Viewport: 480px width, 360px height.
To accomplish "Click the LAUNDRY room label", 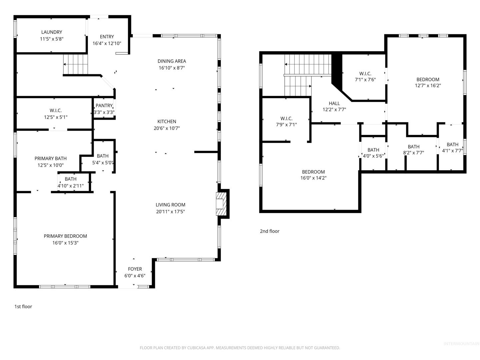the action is click(x=52, y=32).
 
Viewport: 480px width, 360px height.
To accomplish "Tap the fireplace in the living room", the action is click(x=221, y=204).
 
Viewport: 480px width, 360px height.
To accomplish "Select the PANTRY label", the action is click(x=104, y=106).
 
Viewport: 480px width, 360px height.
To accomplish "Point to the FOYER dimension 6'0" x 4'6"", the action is click(x=135, y=276).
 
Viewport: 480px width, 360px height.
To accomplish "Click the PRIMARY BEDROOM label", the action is click(x=65, y=236).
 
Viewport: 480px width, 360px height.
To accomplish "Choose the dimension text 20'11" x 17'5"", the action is click(x=170, y=212).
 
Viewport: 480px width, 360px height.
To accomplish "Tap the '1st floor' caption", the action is click(x=23, y=306).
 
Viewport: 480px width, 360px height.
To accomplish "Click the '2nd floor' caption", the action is click(x=269, y=231).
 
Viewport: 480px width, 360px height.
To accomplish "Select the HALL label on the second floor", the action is click(x=334, y=103).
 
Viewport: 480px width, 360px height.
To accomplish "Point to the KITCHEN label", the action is click(x=167, y=122).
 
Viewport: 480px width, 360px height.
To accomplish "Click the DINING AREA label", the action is click(x=172, y=61).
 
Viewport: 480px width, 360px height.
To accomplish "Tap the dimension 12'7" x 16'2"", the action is click(x=428, y=85).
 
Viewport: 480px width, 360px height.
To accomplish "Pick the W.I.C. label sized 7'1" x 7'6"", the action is click(x=365, y=74).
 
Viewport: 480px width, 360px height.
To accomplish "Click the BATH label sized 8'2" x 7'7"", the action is click(x=414, y=147).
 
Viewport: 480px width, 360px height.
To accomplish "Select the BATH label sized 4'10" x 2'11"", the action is click(x=70, y=179).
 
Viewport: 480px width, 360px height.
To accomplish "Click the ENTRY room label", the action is click(x=107, y=37).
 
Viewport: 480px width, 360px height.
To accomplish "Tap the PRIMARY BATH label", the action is click(x=51, y=158).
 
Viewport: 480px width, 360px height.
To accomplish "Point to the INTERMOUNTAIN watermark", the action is click(x=461, y=344).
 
